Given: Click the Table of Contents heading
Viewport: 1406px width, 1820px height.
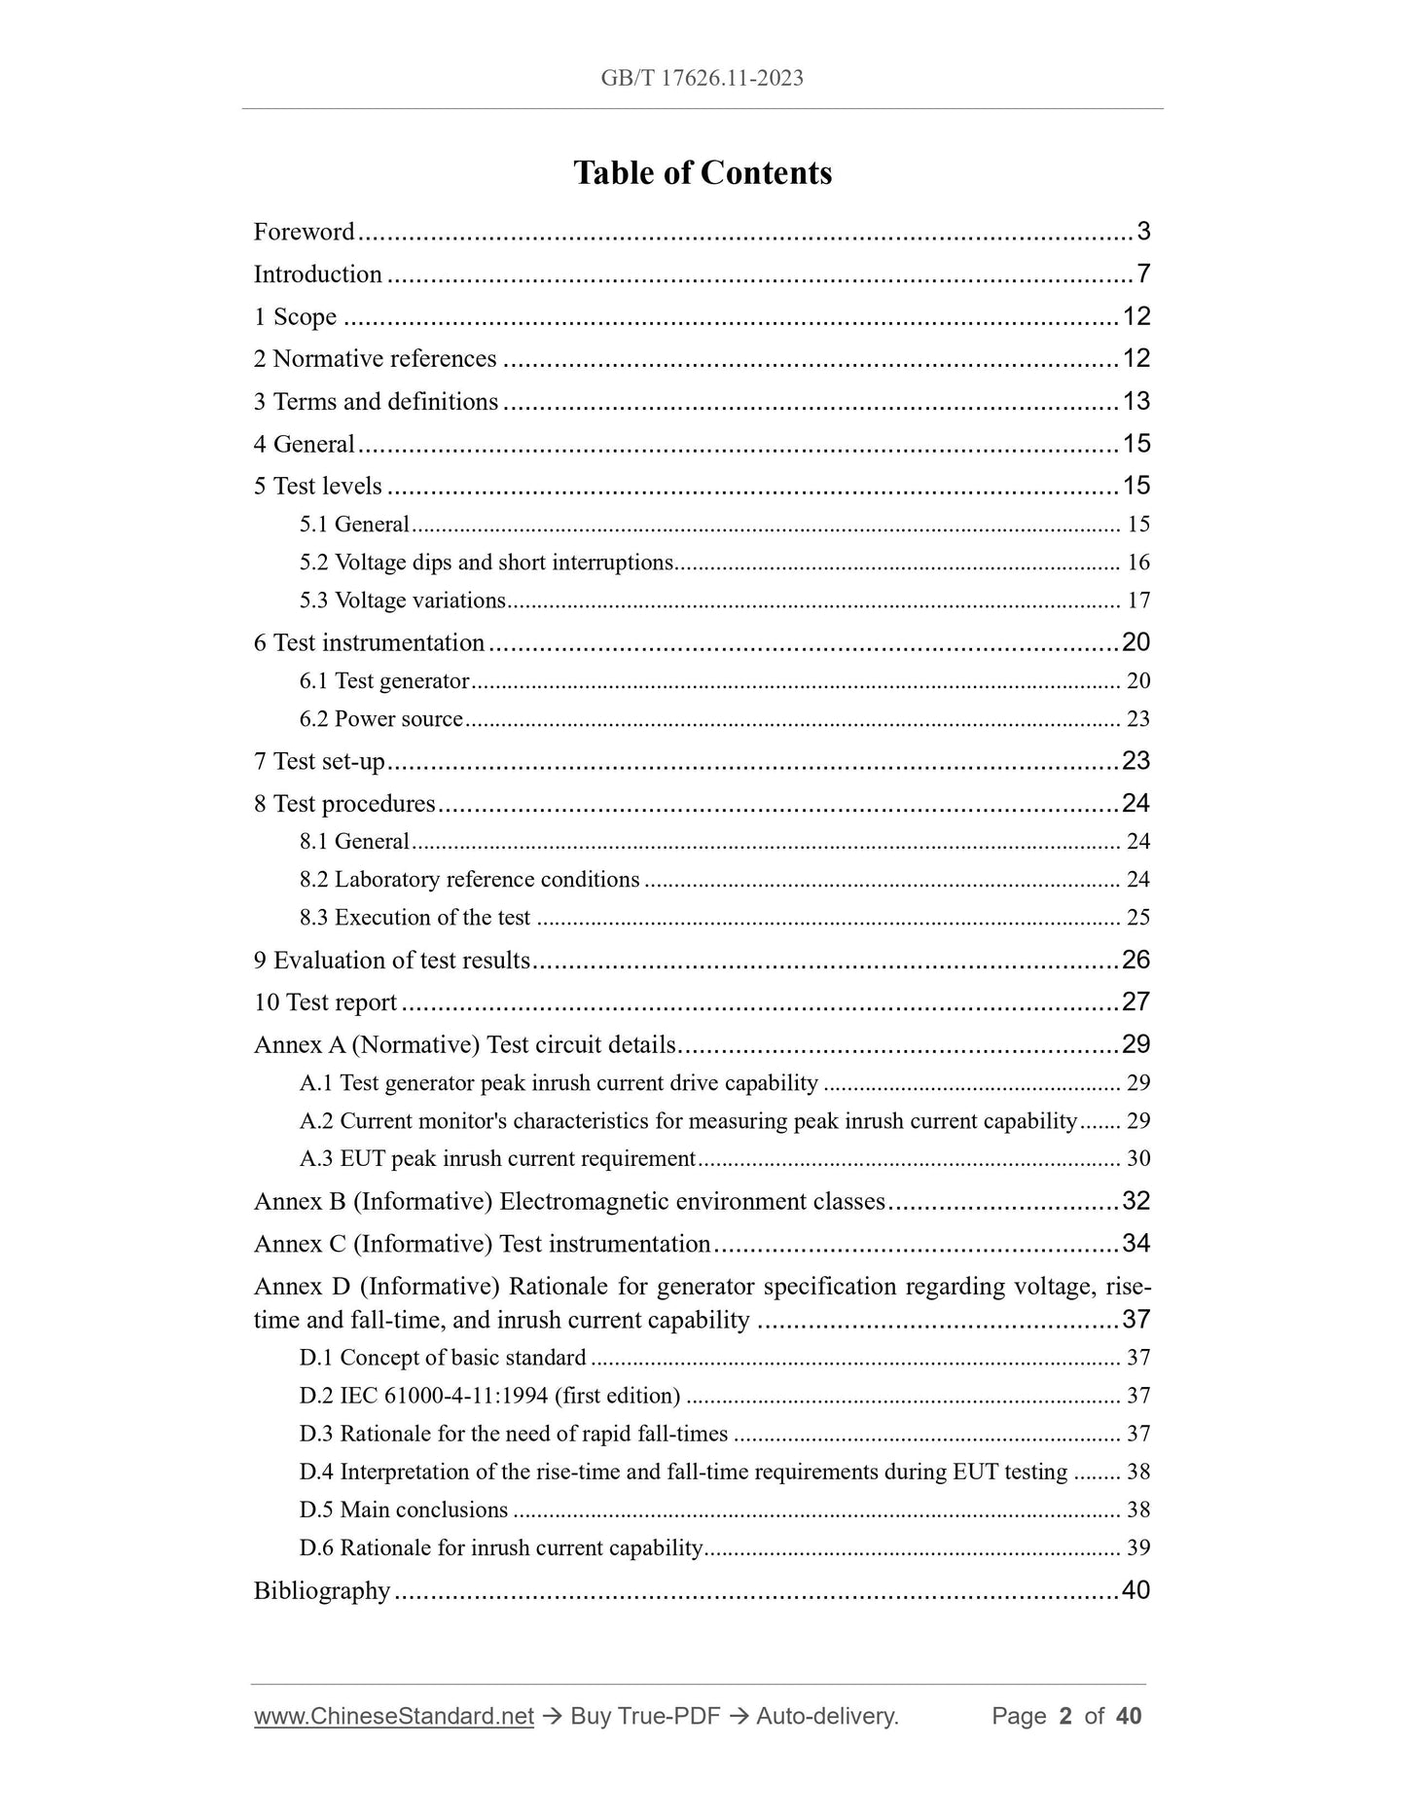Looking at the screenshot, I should coord(702,173).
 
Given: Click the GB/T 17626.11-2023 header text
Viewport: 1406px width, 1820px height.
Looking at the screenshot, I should coord(702,79).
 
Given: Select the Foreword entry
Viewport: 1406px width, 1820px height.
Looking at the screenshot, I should coord(305,232).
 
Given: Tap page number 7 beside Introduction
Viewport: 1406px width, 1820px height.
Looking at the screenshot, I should coord(1143,274).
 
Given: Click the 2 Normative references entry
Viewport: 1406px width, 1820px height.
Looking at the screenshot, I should coord(375,359).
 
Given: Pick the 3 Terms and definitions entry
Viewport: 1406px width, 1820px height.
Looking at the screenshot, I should coord(376,402).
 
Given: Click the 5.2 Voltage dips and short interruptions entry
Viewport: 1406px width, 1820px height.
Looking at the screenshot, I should coord(487,563).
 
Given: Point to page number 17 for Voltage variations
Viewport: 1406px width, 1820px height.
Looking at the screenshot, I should coord(1137,601).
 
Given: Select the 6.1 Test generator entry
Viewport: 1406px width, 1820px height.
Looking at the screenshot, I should coord(384,681).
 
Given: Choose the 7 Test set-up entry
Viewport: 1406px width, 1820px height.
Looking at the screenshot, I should coord(319,761).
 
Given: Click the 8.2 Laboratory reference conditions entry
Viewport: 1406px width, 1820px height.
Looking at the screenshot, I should coord(469,880).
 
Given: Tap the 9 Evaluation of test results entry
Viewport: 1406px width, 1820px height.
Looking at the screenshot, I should coord(391,961).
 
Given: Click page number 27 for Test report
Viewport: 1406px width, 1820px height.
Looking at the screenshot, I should coord(1136,1002).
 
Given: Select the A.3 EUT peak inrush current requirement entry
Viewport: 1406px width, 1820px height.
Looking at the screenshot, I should coord(497,1159).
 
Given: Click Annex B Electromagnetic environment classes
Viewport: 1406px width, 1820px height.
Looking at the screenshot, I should coord(569,1202).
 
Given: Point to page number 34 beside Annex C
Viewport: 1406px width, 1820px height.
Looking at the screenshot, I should coord(1136,1244).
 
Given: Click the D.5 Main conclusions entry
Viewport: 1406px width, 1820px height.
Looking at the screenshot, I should coord(404,1511).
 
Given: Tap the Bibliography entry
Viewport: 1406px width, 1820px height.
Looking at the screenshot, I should coord(322,1591).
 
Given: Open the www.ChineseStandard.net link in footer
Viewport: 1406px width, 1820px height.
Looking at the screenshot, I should coord(394,1717).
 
